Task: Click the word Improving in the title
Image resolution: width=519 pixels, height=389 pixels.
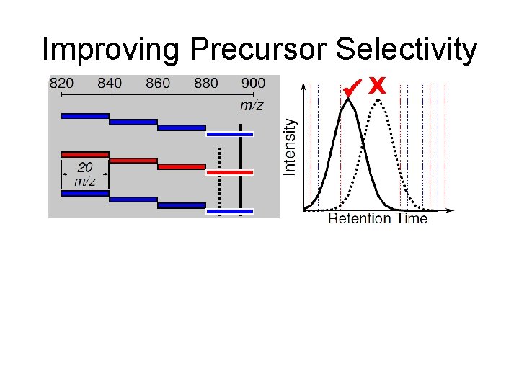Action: point(110,50)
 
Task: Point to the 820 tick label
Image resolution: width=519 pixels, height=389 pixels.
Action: point(61,83)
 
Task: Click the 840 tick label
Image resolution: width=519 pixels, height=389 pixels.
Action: point(110,83)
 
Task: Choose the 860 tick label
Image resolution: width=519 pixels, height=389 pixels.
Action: point(158,83)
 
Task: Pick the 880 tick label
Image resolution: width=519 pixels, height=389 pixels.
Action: point(206,83)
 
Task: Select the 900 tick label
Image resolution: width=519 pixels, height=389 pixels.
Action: point(253,83)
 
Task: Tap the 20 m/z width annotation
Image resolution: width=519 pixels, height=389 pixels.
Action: point(85,174)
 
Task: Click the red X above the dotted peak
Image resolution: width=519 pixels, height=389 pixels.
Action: point(377,86)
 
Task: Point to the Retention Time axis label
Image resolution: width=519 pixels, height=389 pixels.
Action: point(378,219)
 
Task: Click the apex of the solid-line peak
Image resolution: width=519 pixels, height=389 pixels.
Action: point(349,100)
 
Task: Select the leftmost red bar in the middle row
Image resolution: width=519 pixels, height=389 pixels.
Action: point(85,154)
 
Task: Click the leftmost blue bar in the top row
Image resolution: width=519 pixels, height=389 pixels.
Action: point(85,115)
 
